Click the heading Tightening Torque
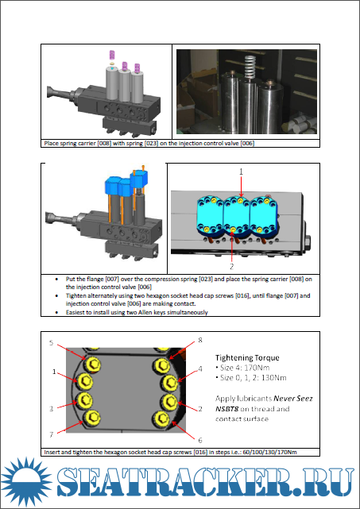247,357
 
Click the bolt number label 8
200,340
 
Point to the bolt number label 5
51,343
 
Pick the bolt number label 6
200,440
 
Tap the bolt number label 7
51,434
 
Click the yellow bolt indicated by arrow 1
85,381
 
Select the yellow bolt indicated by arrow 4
169,383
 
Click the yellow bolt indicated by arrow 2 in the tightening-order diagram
169,402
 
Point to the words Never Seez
293,399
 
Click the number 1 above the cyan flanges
241,172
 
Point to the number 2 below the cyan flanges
232,267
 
